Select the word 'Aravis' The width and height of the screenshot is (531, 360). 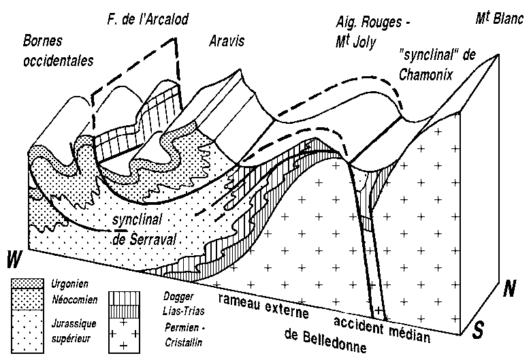click(x=225, y=42)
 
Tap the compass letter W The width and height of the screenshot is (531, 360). click(x=12, y=259)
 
